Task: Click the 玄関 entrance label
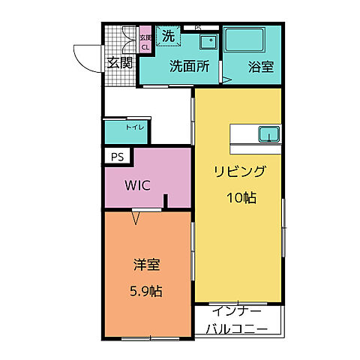[x=118, y=62]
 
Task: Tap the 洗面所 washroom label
[x=188, y=65]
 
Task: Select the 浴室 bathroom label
[x=260, y=65]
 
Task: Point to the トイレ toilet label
[x=135, y=128]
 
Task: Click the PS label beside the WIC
[x=116, y=157]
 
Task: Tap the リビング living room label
[x=239, y=172]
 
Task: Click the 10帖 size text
[x=239, y=198]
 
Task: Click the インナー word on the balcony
[x=236, y=310]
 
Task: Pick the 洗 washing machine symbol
[x=169, y=37]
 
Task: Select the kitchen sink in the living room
[x=268, y=134]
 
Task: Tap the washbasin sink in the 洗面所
[x=209, y=42]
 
